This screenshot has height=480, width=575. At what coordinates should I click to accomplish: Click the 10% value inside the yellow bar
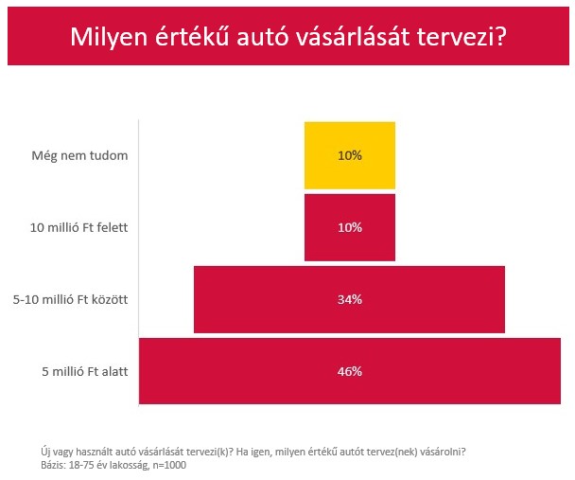pyautogui.click(x=349, y=155)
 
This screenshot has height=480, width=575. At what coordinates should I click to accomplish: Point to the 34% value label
pyautogui.click(x=349, y=299)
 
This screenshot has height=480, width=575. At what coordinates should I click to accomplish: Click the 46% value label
pyautogui.click(x=349, y=371)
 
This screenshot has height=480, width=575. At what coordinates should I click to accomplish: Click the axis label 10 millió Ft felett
pyautogui.click(x=78, y=227)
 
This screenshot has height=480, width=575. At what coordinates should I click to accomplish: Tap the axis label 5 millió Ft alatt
pyautogui.click(x=85, y=371)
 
